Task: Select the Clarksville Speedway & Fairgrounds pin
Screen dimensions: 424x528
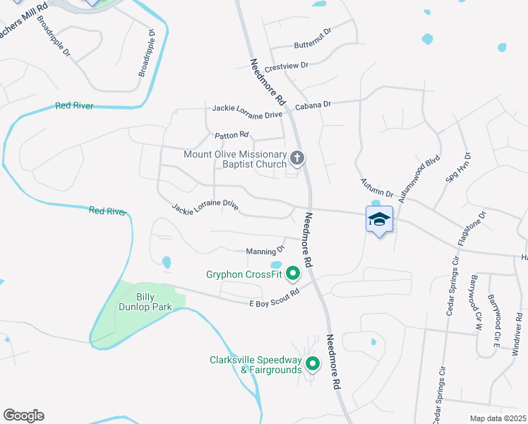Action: [312, 365]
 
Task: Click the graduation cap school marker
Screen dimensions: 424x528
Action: [379, 219]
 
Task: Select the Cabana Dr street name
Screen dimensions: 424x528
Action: [313, 105]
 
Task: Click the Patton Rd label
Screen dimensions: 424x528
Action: [232, 134]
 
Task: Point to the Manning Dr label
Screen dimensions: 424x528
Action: [265, 250]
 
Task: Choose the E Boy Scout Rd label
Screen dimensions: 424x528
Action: [275, 298]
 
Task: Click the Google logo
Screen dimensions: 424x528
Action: [23, 416]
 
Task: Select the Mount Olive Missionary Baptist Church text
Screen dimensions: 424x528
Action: [235, 160]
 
